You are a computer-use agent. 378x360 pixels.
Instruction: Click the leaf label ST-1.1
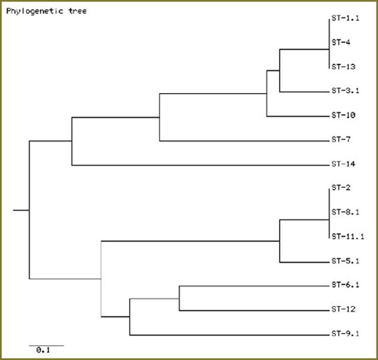(345, 18)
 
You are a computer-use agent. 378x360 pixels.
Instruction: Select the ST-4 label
(341, 43)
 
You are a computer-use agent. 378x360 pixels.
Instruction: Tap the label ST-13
(344, 67)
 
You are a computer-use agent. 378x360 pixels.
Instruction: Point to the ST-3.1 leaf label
(345, 91)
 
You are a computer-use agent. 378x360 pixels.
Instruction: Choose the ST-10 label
(344, 115)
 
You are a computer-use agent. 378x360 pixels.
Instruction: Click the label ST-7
(341, 139)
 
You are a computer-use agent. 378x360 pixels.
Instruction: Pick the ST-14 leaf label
(344, 164)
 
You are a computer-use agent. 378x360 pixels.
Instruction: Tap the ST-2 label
(341, 188)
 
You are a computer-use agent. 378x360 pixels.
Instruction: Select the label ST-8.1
(345, 212)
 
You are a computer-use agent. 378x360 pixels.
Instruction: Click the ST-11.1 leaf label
(348, 237)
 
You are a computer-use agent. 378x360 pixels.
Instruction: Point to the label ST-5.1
(345, 261)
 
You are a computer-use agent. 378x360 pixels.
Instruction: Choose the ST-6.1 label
(345, 285)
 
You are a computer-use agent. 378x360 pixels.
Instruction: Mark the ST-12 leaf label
(344, 309)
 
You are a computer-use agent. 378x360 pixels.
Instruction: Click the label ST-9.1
(345, 333)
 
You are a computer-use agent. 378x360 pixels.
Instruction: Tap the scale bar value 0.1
(43, 350)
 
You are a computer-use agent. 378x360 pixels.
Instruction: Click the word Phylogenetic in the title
(35, 11)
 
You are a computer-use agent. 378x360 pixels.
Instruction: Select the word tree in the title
(78, 11)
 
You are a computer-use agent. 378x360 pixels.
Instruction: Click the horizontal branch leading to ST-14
(201, 165)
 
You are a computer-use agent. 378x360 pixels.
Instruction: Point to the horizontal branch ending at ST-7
(244, 141)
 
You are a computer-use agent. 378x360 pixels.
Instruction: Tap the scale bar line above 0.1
(46, 345)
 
